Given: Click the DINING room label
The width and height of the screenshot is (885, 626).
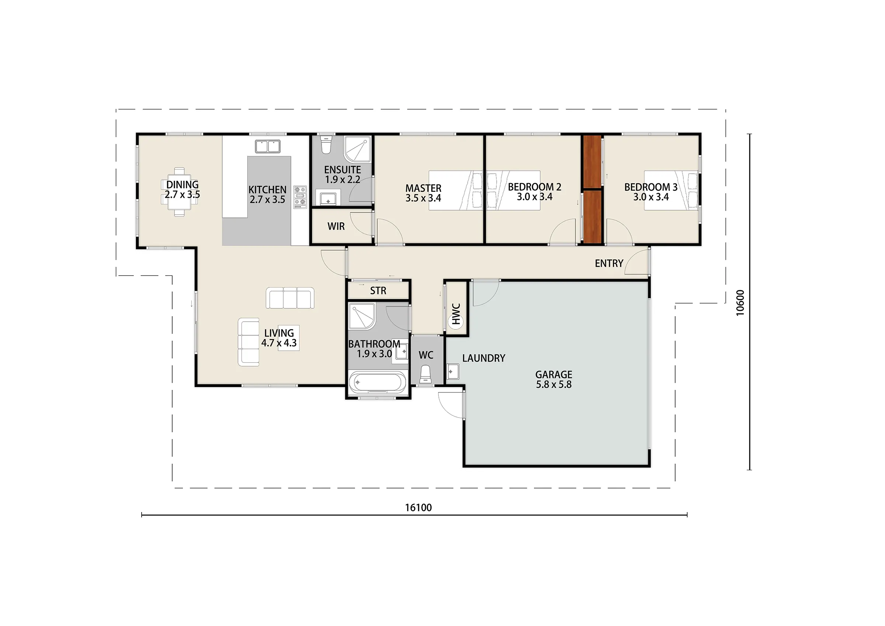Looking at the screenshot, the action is (x=182, y=185).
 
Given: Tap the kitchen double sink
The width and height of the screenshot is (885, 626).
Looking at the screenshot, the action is (x=267, y=146).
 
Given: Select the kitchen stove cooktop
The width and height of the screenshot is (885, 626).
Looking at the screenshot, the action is (x=300, y=197).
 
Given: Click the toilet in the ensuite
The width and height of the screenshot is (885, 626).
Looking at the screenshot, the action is (x=326, y=144).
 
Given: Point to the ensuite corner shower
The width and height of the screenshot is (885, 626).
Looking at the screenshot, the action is (x=357, y=149).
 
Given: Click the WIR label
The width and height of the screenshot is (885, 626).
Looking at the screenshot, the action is (x=336, y=226).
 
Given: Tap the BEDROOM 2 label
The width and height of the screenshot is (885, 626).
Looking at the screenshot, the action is (x=535, y=187).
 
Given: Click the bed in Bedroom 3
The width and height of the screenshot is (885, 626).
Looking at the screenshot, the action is (x=671, y=191).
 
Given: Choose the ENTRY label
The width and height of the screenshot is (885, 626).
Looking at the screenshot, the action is (x=609, y=263).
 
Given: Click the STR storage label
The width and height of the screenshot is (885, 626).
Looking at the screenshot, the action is (x=378, y=291).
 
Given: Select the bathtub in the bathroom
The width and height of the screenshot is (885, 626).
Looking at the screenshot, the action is (x=378, y=382).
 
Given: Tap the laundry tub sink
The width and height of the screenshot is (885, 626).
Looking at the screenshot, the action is (x=452, y=371).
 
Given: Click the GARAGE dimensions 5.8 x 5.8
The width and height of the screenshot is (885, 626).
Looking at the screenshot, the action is (x=554, y=384).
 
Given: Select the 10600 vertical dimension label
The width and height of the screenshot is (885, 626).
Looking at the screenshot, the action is (x=740, y=303).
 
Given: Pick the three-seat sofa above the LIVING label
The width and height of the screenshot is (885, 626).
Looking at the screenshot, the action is (x=290, y=298).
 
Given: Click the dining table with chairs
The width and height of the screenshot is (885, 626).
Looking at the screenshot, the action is (x=180, y=192).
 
